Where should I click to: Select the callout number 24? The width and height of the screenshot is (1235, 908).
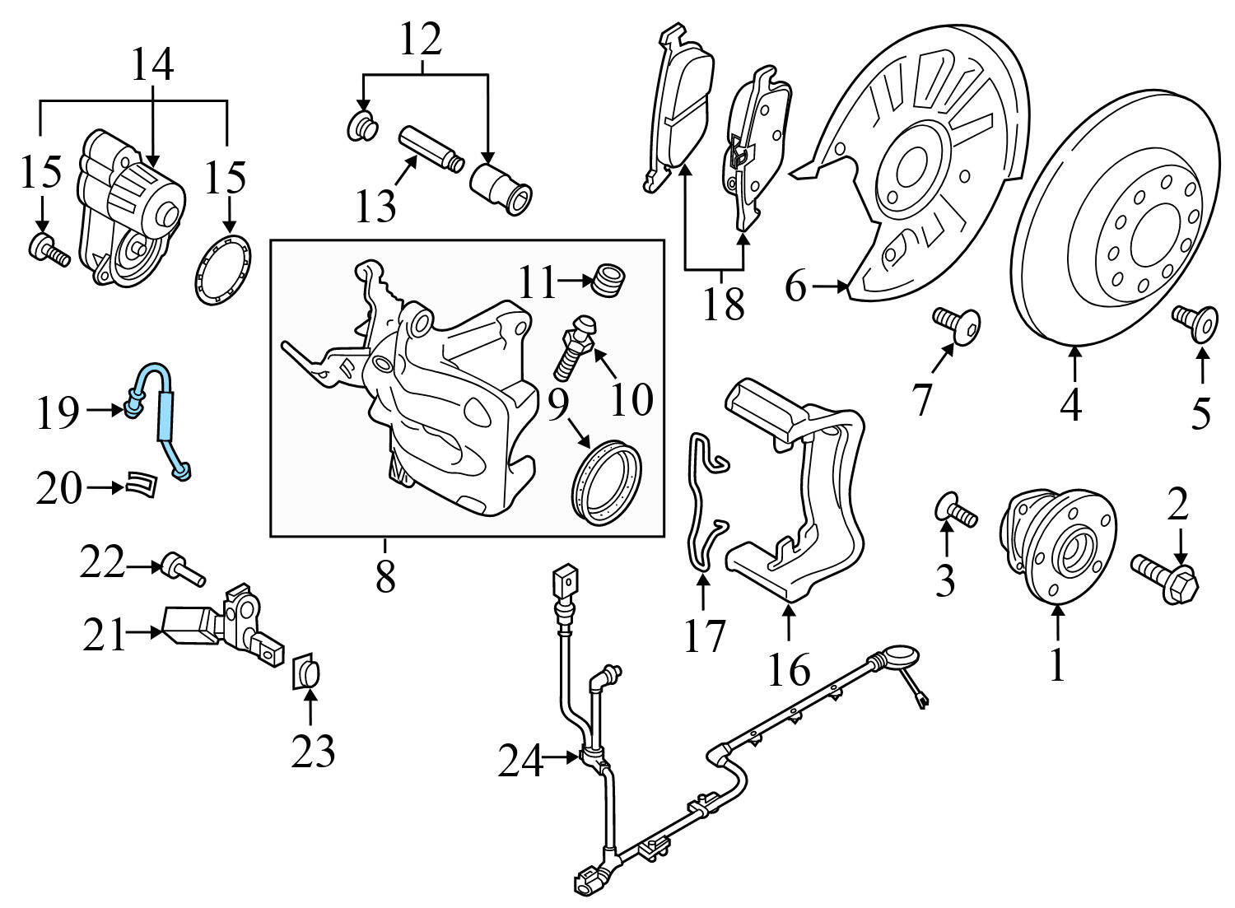pyautogui.click(x=520, y=761)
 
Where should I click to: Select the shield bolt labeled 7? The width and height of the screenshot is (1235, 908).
pyautogui.click(x=957, y=324)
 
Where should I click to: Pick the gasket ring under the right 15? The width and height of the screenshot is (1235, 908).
pyautogui.click(x=222, y=269)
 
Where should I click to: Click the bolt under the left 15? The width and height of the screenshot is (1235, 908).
pyautogui.click(x=49, y=250)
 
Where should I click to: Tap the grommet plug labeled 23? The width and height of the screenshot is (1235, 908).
pyautogui.click(x=307, y=673)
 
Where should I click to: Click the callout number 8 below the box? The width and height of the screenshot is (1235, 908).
pyautogui.click(x=385, y=578)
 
